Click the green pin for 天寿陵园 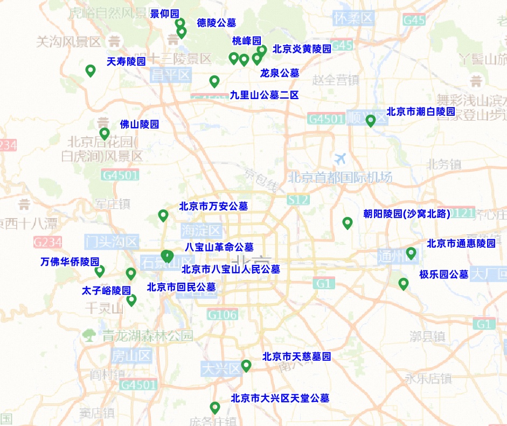pos(91,70)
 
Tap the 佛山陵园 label pos(139,124)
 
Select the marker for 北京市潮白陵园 pos(371,120)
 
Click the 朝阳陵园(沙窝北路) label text pos(406,214)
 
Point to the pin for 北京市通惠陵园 pos(411,253)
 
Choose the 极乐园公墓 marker pos(404,283)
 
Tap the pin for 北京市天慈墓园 pos(246,365)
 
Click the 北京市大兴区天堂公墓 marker pos(215,407)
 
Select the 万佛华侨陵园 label pos(70,262)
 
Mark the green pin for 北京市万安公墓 pos(163,215)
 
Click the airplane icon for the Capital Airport pos(341,159)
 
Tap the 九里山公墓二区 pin pos(214,81)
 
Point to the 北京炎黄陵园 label pos(302,49)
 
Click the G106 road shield pos(222,315)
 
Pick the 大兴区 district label pos(221,369)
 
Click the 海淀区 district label pos(202,231)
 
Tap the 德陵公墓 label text pos(217,23)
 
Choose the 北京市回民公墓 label pos(181,287)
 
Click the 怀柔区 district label pos(353,18)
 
